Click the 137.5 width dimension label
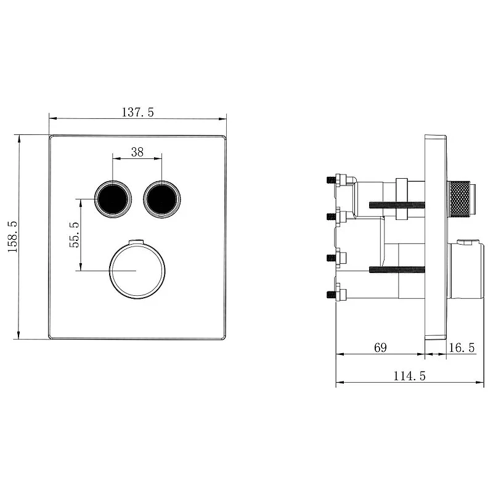137,112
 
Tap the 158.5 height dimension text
13,237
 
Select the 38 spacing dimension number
137,152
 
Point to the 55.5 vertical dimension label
75,235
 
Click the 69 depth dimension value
380,348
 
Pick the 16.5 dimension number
462,348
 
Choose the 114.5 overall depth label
409,376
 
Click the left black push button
113,199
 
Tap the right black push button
161,199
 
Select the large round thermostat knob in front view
137,271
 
